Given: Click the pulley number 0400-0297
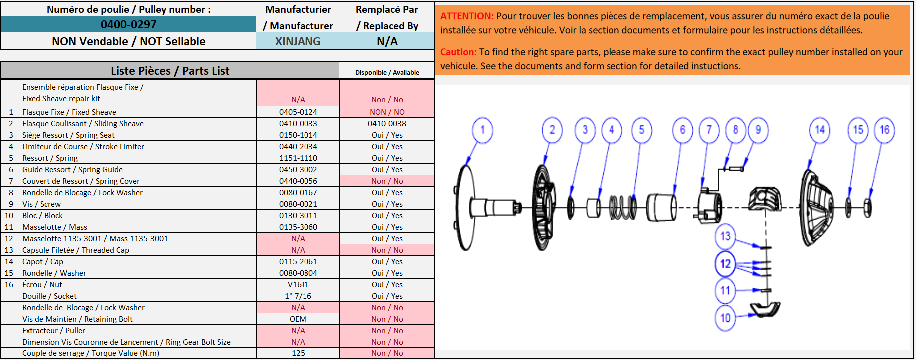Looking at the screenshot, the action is [128, 24].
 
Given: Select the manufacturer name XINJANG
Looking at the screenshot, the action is [298, 41].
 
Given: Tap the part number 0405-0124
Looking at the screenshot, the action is [298, 112].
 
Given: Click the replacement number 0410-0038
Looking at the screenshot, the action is [387, 124].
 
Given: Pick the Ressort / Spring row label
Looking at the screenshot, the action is [50, 158].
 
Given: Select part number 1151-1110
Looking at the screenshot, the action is [298, 158].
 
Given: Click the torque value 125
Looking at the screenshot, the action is [298, 353].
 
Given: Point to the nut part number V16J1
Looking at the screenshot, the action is [298, 285].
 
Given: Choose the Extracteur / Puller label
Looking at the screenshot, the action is [54, 331].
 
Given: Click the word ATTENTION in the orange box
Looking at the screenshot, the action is [467, 16].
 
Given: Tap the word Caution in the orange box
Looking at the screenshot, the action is [458, 52].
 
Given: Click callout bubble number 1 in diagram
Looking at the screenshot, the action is [482, 130].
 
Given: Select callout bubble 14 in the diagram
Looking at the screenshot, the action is [820, 130].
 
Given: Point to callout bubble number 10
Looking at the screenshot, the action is [725, 318].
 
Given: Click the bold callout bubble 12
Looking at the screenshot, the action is [725, 263].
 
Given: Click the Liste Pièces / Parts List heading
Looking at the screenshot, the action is [170, 71].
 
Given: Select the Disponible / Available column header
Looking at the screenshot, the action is [387, 73].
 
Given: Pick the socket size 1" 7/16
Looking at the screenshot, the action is [298, 296].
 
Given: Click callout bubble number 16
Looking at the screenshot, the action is [884, 130].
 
